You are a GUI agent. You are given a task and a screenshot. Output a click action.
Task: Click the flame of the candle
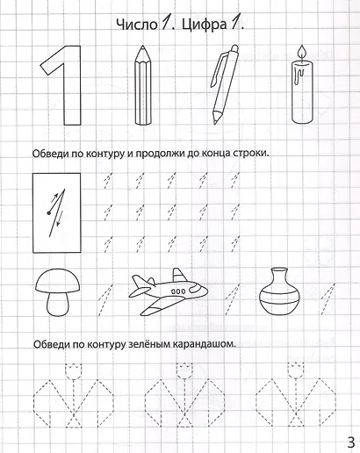pyautogui.click(x=302, y=53)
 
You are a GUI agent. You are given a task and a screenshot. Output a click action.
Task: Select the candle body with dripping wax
pyautogui.click(x=302, y=96)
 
